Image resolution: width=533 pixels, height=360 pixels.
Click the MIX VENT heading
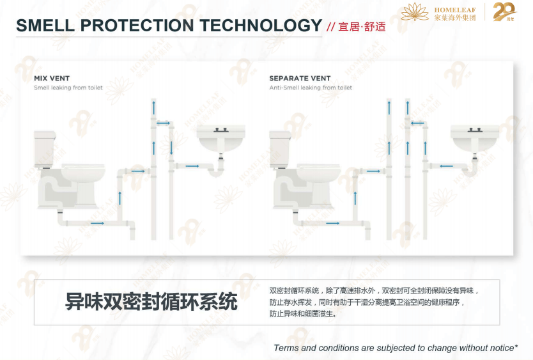(x=52, y=79)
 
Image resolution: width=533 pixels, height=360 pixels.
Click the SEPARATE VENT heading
(x=300, y=79)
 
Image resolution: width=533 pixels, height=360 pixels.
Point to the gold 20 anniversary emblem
(x=504, y=12)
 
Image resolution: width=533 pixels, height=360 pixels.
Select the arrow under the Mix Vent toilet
(x=97, y=223)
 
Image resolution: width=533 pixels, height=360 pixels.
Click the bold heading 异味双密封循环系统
(x=151, y=301)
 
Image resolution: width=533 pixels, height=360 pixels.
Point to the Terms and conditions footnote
(x=396, y=348)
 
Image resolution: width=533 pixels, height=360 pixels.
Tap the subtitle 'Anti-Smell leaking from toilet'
(x=311, y=88)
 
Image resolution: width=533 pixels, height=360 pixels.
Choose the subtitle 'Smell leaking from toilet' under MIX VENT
(x=68, y=88)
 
